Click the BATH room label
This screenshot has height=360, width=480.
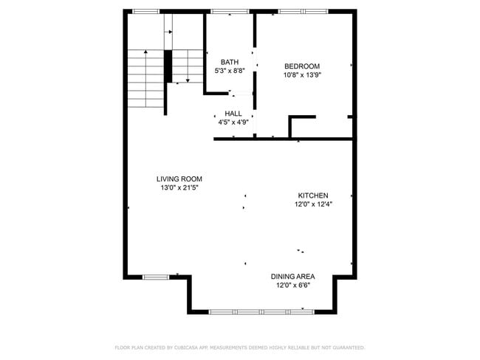click(229, 62)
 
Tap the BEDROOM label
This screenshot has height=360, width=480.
click(301, 66)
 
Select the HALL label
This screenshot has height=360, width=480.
click(233, 114)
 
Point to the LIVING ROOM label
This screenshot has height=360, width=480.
click(179, 179)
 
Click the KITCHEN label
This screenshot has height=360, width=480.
click(313, 195)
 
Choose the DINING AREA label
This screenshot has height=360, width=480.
click(292, 277)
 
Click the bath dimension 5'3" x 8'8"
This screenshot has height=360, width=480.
click(229, 71)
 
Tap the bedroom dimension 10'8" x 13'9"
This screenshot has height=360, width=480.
click(301, 75)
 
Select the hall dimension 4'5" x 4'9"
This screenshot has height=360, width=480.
click(233, 122)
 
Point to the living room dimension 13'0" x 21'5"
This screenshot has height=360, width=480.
click(179, 187)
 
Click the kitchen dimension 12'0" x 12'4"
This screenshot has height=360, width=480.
click(313, 204)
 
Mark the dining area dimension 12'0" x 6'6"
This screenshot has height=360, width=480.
click(292, 285)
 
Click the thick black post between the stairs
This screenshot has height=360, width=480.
click(168, 66)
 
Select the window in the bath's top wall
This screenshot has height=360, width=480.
click(229, 11)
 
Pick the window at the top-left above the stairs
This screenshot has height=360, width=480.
click(145, 11)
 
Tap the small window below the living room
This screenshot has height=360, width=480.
click(156, 277)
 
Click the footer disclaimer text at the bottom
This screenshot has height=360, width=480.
click(240, 347)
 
